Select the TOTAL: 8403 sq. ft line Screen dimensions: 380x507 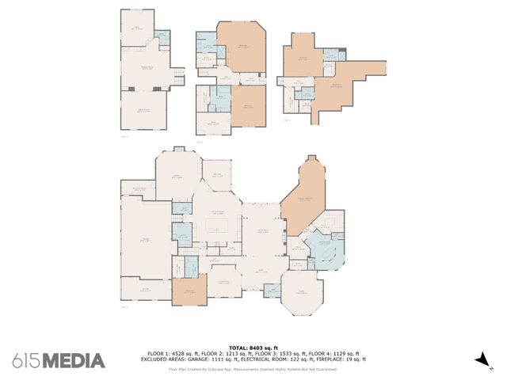pyautogui.click(x=253, y=348)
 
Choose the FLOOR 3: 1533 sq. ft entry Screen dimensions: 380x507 pyautogui.click(x=280, y=353)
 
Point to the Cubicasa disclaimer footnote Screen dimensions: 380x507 pyautogui.click(x=253, y=368)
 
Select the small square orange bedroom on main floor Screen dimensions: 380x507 pyautogui.click(x=189, y=291)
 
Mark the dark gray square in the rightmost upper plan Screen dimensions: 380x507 pyautogui.click(x=341, y=54)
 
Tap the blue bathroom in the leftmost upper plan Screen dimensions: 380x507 pyautogui.click(x=162, y=36)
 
